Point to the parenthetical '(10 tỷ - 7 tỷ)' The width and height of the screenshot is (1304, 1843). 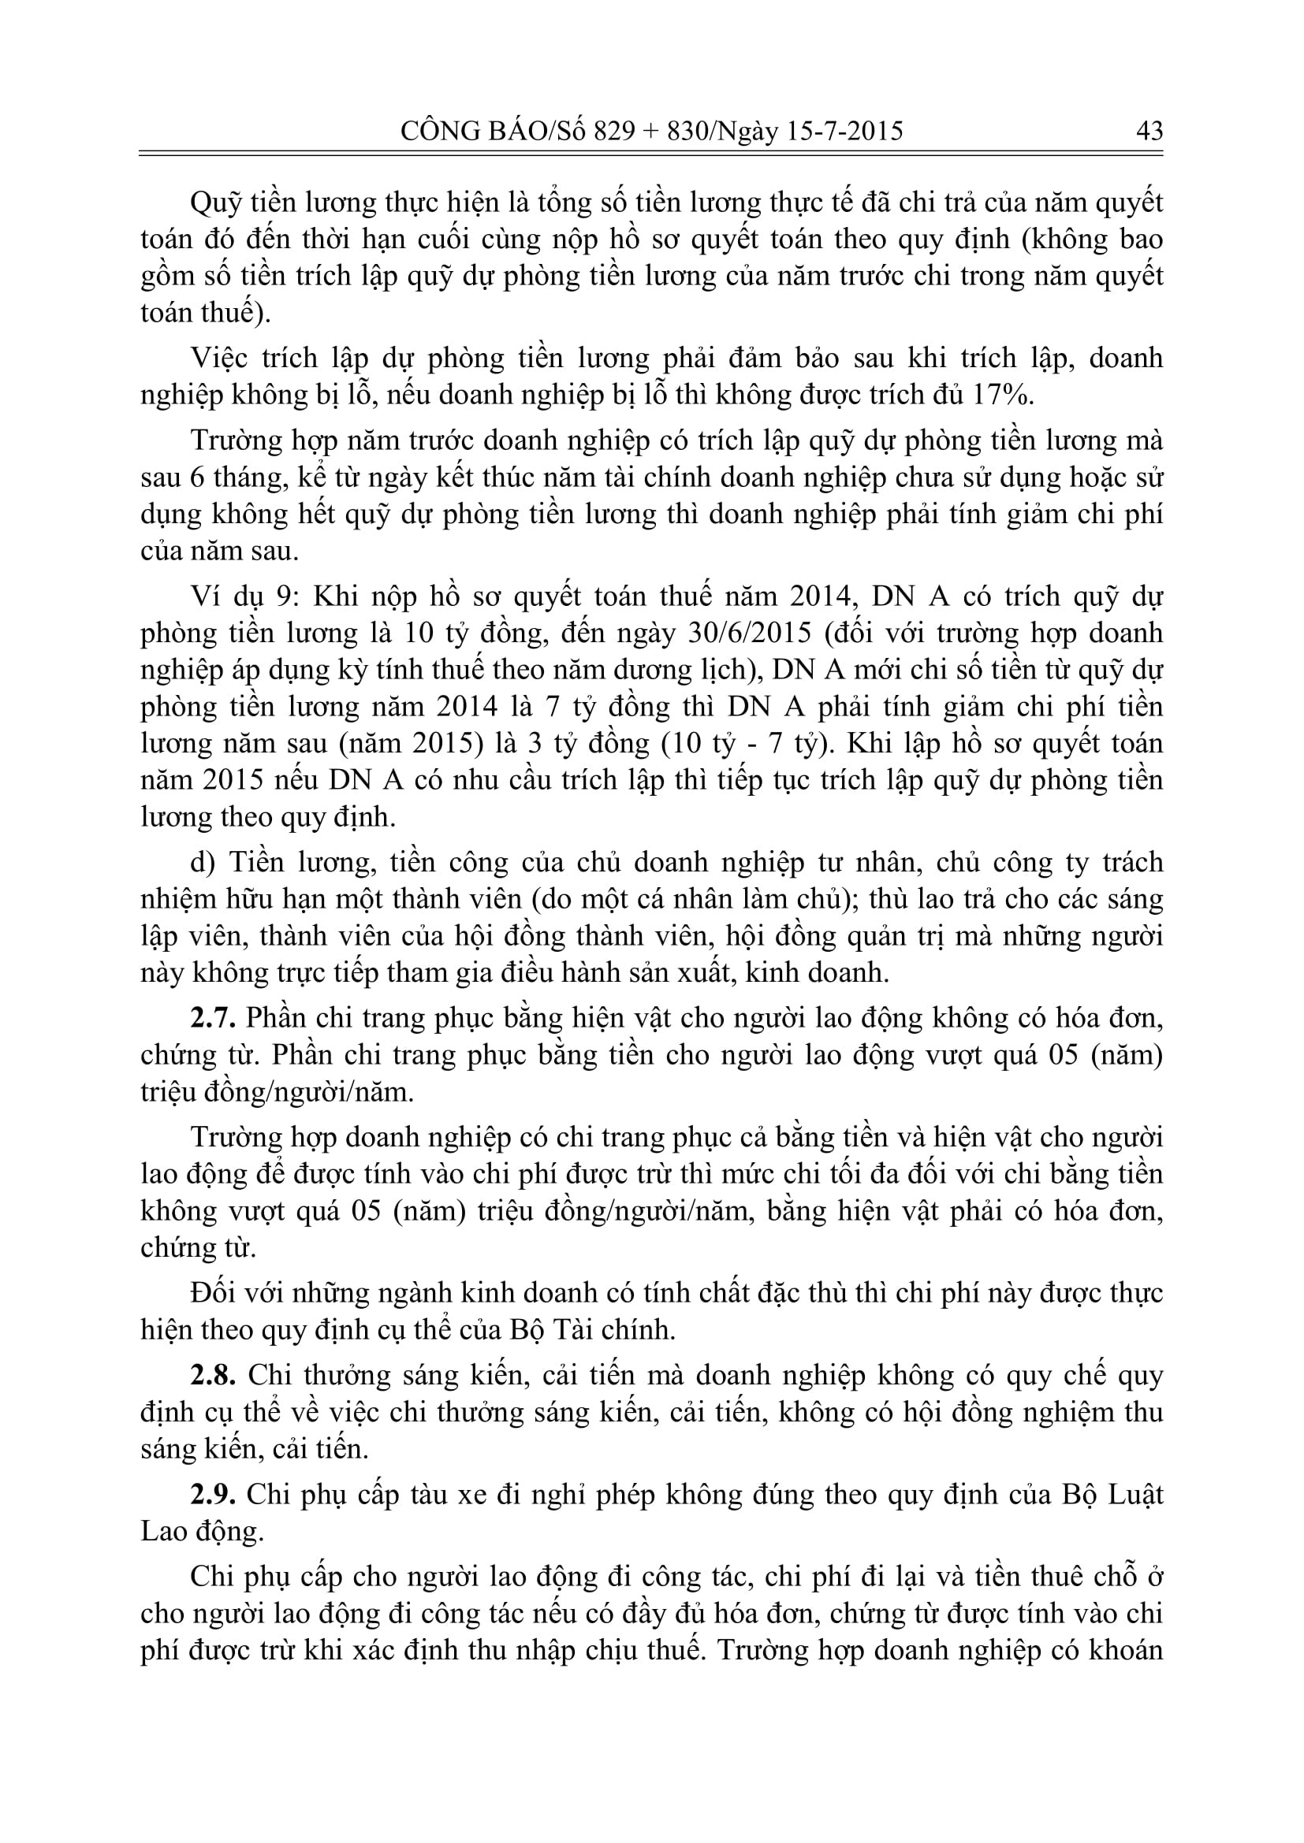tap(744, 743)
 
